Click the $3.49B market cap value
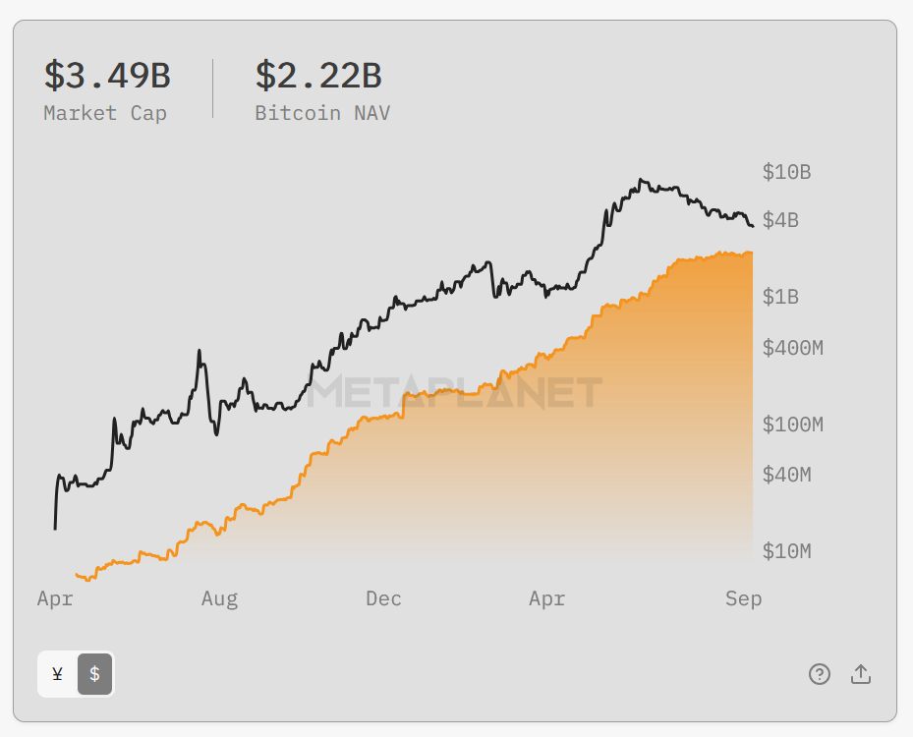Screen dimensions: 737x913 point(107,76)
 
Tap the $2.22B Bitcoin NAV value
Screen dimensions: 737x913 point(318,76)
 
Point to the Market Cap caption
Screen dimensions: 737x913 point(105,113)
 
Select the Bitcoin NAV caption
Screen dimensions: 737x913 point(322,113)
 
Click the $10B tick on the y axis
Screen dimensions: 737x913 point(786,172)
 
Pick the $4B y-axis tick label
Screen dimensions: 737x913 point(780,220)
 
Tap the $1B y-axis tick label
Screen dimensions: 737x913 point(780,297)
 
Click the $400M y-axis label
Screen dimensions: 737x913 point(792,347)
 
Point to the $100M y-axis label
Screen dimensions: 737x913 point(792,425)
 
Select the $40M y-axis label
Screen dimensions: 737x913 point(786,475)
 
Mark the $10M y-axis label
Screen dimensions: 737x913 point(786,551)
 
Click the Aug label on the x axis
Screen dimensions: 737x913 point(219,598)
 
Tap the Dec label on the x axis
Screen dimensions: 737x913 point(383,598)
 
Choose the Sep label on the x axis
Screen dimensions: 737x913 point(743,598)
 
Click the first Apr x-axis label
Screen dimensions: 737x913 point(55,598)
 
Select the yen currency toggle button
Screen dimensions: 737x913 point(57,674)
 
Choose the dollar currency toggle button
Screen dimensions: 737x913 point(94,674)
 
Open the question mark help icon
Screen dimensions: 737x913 point(820,674)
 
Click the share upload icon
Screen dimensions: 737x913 point(861,674)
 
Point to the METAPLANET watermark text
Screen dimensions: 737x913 point(455,393)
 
